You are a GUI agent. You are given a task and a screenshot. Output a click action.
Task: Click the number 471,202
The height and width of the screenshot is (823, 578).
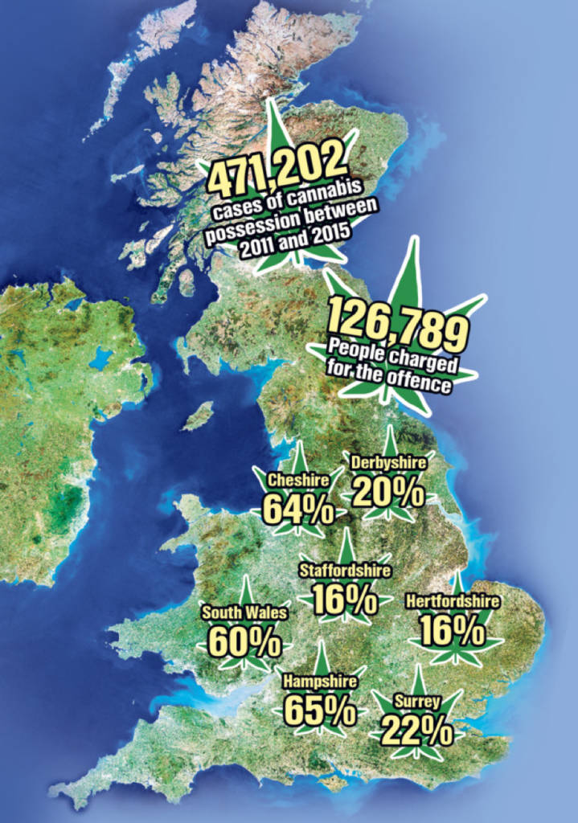click(x=281, y=171)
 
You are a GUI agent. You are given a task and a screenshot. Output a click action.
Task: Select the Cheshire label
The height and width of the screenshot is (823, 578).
click(x=298, y=481)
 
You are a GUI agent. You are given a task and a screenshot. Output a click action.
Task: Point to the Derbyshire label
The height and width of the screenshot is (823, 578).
click(x=388, y=464)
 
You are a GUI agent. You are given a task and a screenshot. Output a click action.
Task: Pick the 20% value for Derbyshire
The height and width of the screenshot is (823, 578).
click(x=388, y=492)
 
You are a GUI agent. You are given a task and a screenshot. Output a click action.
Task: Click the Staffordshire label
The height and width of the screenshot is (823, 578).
click(x=345, y=571)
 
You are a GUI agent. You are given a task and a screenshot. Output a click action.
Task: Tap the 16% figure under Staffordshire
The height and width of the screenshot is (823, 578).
click(x=345, y=599)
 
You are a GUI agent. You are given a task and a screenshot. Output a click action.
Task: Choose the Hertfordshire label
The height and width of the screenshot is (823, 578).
click(x=453, y=601)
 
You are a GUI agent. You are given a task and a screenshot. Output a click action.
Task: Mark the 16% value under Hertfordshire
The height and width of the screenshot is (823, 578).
click(x=453, y=631)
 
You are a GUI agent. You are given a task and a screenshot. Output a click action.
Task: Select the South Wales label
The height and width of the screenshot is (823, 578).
click(x=244, y=613)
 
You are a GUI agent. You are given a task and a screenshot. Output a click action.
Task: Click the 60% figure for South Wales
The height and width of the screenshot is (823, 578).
click(x=244, y=642)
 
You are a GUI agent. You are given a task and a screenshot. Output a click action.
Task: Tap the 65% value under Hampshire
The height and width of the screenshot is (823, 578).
click(x=319, y=710)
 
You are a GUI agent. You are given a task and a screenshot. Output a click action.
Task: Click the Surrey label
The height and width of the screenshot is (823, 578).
click(x=416, y=702)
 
